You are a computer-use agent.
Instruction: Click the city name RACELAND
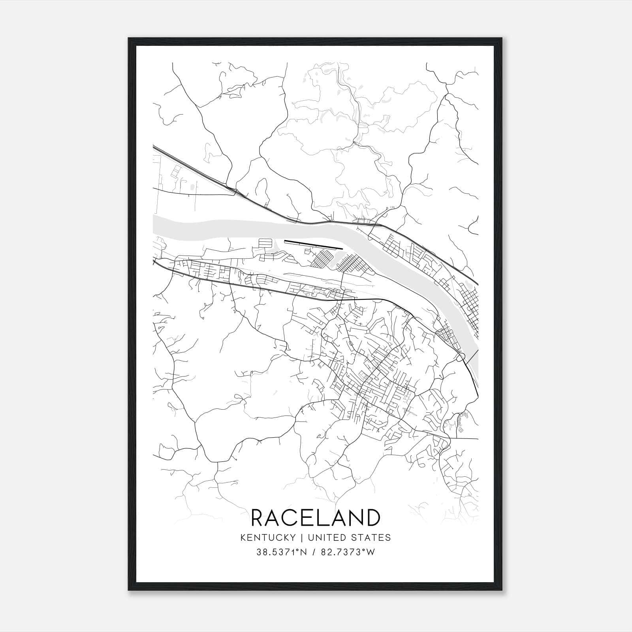coord(316,517)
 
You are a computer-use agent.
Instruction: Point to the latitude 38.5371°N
coord(281,552)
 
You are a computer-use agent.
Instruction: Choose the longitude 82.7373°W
coord(348,552)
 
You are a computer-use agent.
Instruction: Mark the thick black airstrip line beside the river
coord(313,245)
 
